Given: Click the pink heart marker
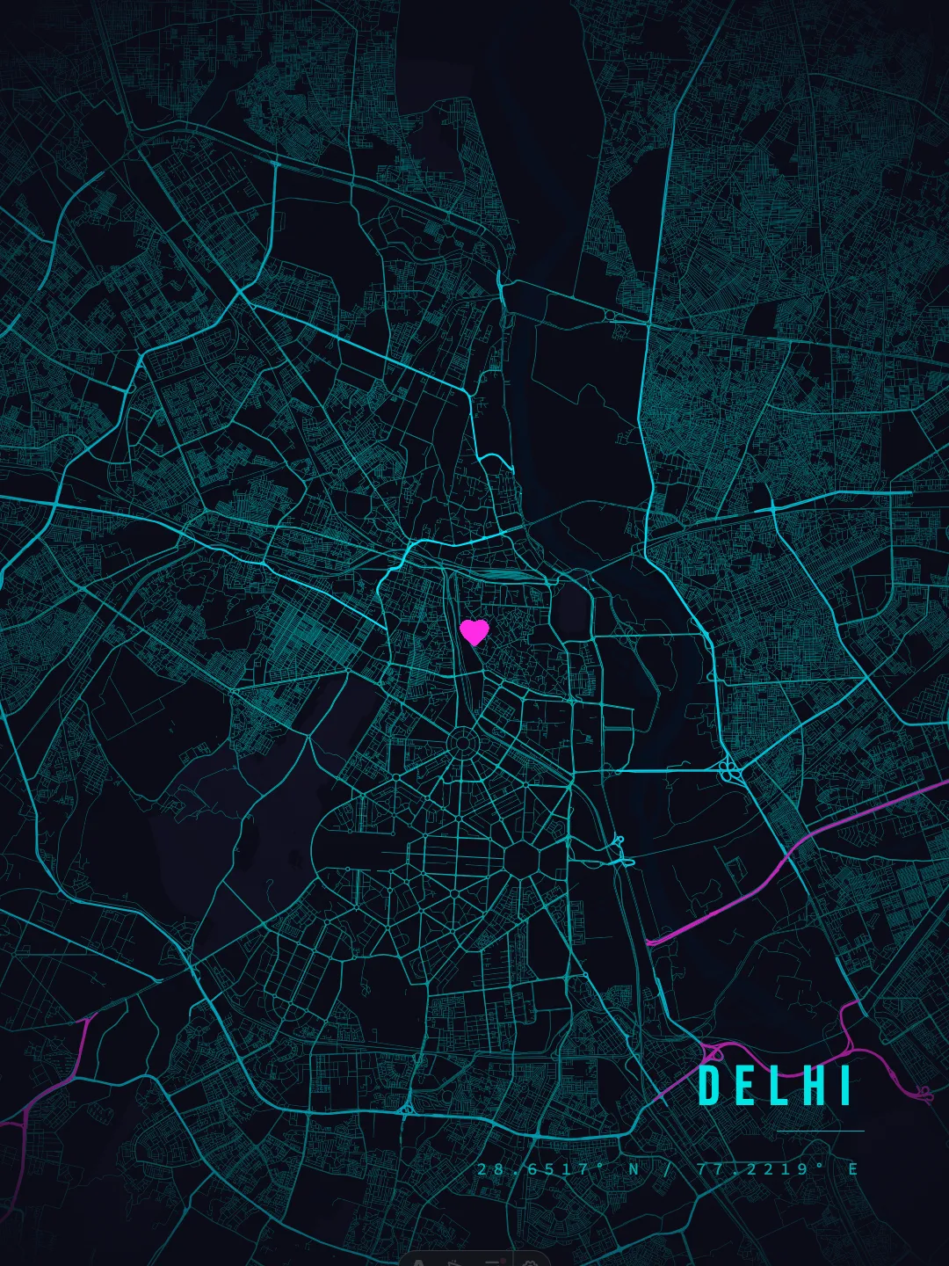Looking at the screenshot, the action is [474, 631].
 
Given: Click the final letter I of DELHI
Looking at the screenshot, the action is [845, 1086].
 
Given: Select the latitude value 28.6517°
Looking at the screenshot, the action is [541, 1169].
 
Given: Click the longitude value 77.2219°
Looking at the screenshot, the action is [761, 1169].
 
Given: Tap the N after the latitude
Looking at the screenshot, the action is [634, 1169].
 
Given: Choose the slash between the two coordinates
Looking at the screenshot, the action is [667, 1169].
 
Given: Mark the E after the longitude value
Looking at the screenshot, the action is [852, 1169].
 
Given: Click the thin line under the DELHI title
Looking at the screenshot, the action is [821, 1131].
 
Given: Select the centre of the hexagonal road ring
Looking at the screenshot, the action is [525, 856].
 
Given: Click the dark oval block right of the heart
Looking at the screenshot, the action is [570, 611].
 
